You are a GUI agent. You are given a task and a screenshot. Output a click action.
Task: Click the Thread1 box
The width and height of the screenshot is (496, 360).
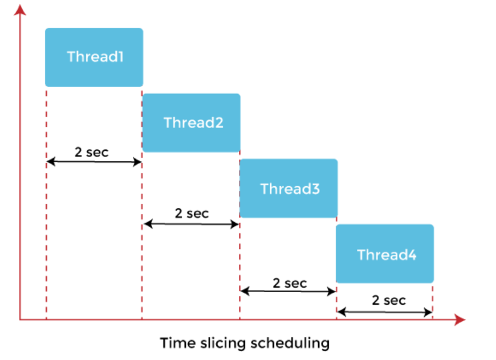pos(94,57)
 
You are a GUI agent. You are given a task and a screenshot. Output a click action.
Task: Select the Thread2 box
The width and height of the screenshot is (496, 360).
pos(192,122)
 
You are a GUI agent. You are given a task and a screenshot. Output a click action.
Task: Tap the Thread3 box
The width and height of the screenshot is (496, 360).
pos(288,188)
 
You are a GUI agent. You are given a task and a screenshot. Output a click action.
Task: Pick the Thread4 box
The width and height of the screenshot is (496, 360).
pos(385,253)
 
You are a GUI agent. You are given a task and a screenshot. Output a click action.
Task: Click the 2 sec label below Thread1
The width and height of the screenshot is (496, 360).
pos(91,152)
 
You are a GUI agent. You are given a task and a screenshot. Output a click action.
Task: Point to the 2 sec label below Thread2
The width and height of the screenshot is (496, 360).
pos(192,214)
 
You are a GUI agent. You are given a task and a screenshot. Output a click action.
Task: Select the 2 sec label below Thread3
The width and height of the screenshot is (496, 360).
pos(290,283)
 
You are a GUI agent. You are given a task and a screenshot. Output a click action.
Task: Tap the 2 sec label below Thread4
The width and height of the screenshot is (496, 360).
pos(389,300)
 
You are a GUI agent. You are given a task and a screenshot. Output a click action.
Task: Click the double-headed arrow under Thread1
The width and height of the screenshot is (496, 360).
pos(94,162)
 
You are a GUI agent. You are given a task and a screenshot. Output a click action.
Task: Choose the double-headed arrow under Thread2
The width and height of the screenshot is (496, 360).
pos(192,224)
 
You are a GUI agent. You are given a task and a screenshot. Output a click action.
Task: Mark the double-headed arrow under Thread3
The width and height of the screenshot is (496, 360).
pos(288,291)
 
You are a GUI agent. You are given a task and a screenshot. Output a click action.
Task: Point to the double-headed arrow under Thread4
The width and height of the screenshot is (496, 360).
pos(385,312)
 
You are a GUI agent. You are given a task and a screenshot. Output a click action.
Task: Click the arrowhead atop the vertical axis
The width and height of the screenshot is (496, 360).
pos(20,10)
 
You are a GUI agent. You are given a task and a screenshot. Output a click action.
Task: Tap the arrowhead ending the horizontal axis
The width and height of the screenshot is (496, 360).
pos(460,320)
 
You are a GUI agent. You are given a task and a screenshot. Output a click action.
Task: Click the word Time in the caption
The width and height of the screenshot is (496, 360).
pos(178,343)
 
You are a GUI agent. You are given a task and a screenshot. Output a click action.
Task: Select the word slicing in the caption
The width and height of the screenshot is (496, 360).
pos(223,343)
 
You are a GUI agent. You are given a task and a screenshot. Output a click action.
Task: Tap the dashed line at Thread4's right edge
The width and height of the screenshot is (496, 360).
pos(432,301)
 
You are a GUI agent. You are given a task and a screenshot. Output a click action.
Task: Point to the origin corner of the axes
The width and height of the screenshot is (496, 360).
pos(20,320)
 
